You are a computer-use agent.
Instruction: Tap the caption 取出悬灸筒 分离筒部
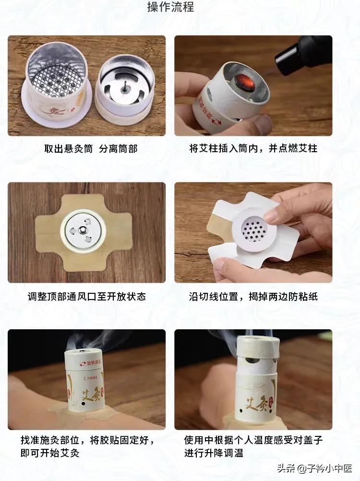[91, 149]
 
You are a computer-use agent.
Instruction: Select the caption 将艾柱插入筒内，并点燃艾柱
[253, 149]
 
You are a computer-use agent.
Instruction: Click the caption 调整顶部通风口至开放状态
[86, 296]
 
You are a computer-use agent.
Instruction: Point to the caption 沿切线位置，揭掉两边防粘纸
[253, 296]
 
